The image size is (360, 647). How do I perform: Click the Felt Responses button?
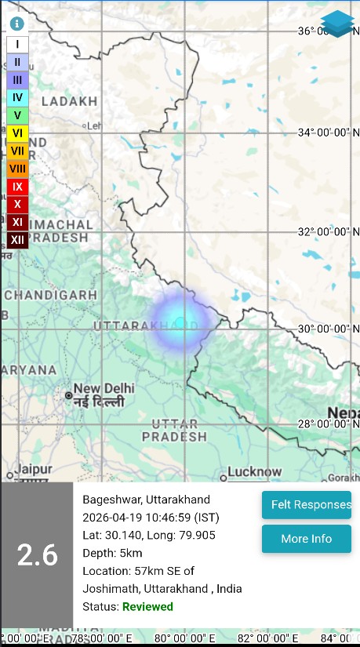click(x=306, y=505)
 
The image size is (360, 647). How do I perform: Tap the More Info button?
click(x=306, y=539)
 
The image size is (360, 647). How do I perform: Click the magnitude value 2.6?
click(x=37, y=555)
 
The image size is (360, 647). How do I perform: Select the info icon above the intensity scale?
click(x=17, y=24)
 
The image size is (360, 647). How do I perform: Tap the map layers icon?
click(x=337, y=24)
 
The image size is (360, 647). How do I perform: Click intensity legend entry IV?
click(x=17, y=98)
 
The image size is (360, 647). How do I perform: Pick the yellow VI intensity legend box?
click(x=17, y=133)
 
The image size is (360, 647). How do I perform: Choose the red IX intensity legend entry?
click(x=17, y=187)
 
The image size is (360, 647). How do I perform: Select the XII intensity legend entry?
click(x=17, y=239)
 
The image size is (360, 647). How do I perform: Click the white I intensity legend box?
click(x=17, y=45)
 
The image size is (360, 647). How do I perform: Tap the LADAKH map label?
click(x=69, y=101)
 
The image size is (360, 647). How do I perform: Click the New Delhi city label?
click(x=104, y=389)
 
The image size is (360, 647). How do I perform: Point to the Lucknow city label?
click(x=255, y=472)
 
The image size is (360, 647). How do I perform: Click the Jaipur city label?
click(x=32, y=469)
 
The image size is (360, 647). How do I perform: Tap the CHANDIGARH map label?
click(x=50, y=295)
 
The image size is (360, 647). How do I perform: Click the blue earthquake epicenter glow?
click(x=182, y=323)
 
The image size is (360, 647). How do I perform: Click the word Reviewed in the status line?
click(x=147, y=607)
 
